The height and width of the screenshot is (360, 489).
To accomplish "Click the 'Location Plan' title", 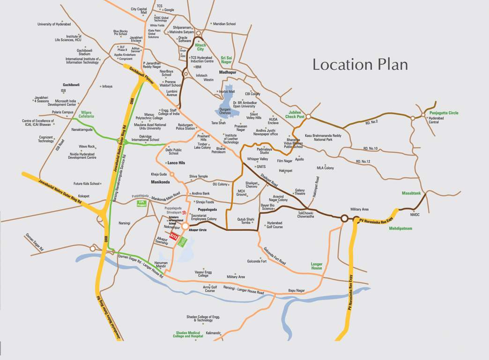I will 360,65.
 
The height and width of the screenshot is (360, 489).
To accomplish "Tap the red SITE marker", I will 174,235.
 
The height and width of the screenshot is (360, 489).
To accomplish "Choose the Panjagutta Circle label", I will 444,113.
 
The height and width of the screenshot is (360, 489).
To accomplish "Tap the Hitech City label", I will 200,47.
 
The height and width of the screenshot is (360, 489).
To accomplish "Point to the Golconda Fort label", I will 257,261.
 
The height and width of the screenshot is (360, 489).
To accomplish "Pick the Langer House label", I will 317,266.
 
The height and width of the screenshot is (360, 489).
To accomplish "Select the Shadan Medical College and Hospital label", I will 188,334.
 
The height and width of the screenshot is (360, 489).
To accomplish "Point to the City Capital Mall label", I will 139,11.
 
